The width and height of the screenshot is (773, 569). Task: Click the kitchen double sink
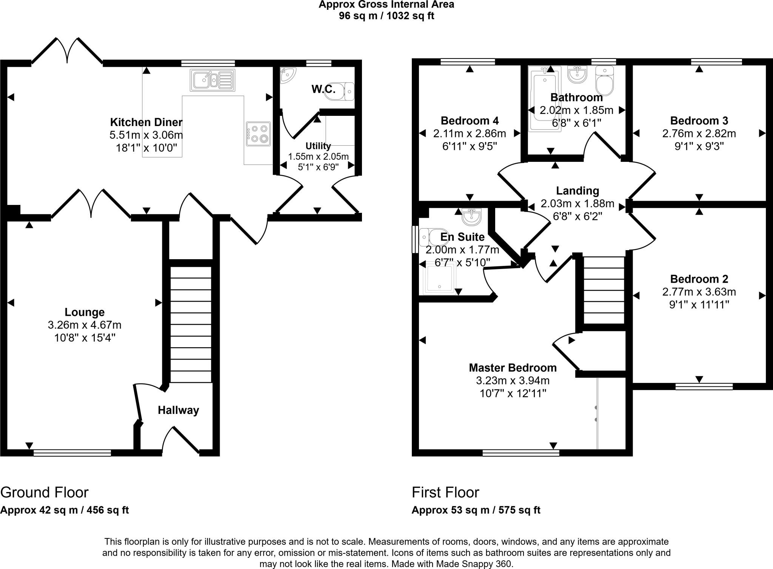coord(212,80)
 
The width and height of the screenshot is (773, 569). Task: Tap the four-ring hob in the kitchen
coord(259,134)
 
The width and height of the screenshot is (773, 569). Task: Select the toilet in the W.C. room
coord(339,92)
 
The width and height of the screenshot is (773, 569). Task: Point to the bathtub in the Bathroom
coord(545,99)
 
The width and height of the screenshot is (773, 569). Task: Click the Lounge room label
coord(85,312)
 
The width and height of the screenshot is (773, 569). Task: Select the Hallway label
coord(178,410)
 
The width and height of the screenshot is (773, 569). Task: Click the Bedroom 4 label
coord(470,121)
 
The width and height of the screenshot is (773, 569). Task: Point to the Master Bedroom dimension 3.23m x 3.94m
coord(513,380)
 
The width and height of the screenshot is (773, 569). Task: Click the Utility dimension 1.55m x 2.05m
coord(318,156)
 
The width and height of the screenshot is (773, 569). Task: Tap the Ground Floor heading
coord(44,492)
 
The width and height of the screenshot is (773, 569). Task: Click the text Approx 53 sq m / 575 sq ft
coord(476,510)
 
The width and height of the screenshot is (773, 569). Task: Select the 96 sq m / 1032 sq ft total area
coord(386,16)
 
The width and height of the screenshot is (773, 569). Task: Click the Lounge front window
coord(72,453)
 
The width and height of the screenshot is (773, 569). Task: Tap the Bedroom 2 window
coord(704,386)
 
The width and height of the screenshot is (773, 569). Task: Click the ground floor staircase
coord(191,324)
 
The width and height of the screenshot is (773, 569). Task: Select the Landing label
coord(577,191)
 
